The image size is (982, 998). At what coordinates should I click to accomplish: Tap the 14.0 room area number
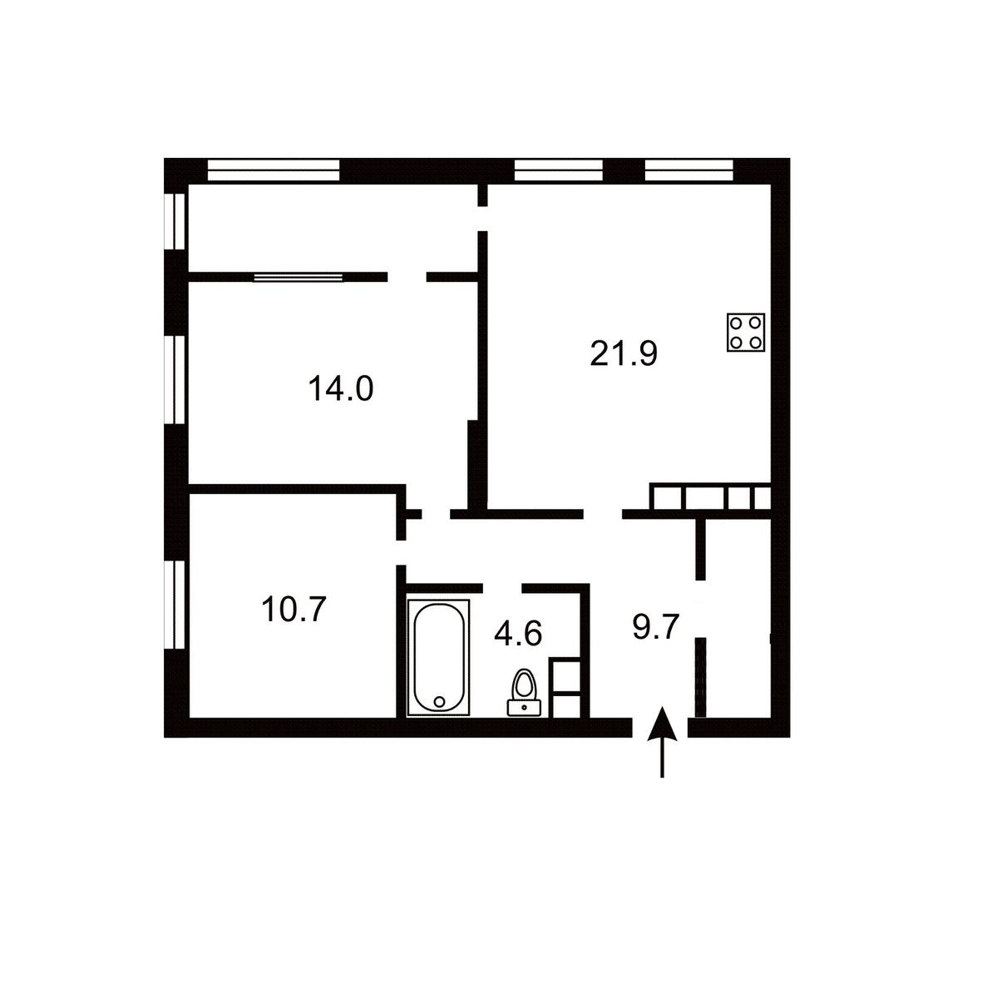point(340,389)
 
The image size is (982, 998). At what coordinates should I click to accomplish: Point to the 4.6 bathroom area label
point(518,633)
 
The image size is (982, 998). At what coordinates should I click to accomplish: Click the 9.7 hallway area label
point(656,627)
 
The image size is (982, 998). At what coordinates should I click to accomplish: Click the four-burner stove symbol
point(746,333)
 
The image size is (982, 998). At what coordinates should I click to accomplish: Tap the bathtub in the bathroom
point(438,658)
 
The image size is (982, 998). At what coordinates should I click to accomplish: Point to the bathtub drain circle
point(439,702)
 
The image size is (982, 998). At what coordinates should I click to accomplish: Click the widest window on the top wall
point(274,170)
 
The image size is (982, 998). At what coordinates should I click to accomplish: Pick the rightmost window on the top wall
point(688,170)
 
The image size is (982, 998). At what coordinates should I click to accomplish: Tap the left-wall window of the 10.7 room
point(175,604)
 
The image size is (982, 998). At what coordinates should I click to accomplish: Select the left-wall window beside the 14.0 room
point(175,379)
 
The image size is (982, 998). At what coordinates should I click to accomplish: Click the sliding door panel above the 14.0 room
point(299,278)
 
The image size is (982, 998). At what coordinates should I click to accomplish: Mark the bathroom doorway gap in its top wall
point(502,588)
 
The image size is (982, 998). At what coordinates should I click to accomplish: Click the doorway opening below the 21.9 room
point(603,514)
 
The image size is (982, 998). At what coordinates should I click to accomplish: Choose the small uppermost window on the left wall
point(175,222)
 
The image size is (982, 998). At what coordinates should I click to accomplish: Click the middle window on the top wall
point(558,170)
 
